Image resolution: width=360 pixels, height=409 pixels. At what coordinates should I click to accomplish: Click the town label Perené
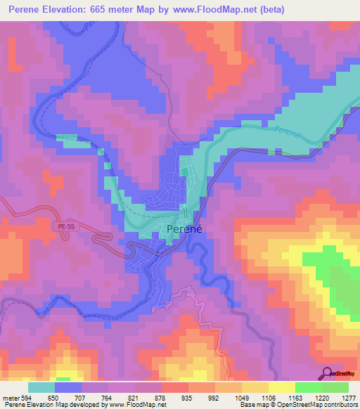(x=185, y=229)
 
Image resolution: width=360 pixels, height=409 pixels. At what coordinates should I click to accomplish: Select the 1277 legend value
(x=349, y=397)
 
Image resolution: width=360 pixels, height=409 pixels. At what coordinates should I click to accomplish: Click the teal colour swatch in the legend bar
(x=41, y=387)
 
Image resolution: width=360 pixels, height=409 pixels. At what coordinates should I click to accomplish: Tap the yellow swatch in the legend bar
(x=282, y=387)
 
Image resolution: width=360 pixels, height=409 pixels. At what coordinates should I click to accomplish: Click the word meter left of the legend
(x=11, y=397)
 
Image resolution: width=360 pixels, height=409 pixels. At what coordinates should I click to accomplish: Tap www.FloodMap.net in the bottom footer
(x=136, y=405)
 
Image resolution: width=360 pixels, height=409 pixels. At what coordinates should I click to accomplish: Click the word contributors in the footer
(x=341, y=405)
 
